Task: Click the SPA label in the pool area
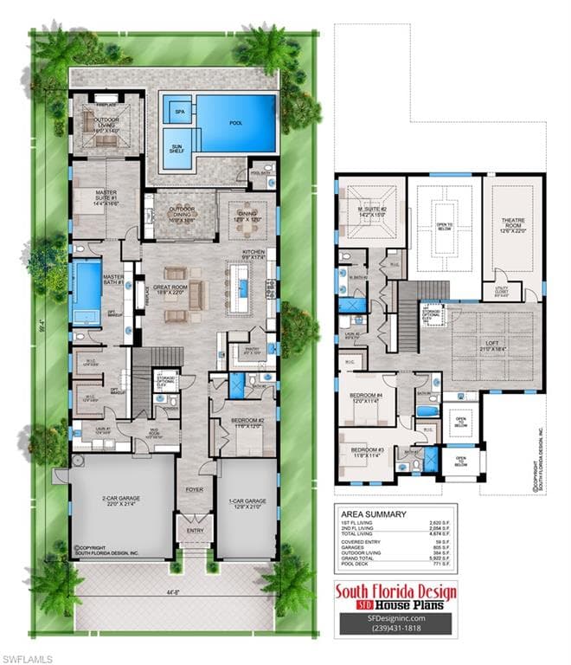coord(180,112)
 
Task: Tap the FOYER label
coord(194,489)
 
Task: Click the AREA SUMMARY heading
coord(373,513)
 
